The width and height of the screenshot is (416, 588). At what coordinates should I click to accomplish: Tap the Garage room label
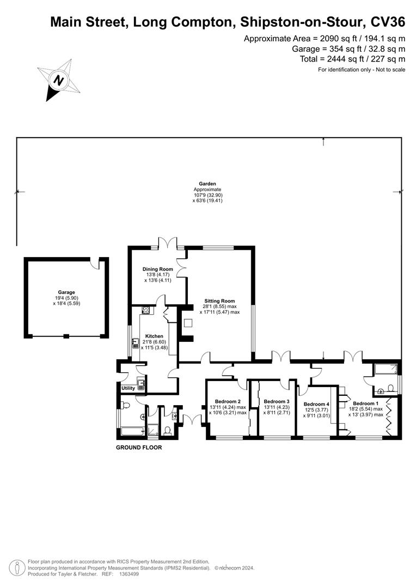[x=66, y=292]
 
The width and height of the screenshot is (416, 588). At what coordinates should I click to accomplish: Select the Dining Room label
[x=157, y=269]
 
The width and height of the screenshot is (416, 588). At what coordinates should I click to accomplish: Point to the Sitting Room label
[x=219, y=301]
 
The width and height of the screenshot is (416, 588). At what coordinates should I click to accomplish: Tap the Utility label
[x=128, y=388]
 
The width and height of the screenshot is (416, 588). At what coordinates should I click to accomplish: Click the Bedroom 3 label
[x=276, y=401]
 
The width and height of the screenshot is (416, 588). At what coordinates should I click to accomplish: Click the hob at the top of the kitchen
[x=146, y=310]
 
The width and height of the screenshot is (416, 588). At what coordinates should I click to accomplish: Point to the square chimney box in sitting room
[x=188, y=323]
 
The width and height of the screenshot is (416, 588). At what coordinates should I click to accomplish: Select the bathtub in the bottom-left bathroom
[x=131, y=432]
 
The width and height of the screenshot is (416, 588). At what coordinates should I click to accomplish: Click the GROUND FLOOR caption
[x=139, y=448]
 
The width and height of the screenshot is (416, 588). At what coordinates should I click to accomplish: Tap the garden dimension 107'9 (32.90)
[x=208, y=195]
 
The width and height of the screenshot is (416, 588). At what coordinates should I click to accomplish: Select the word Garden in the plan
[x=207, y=184]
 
